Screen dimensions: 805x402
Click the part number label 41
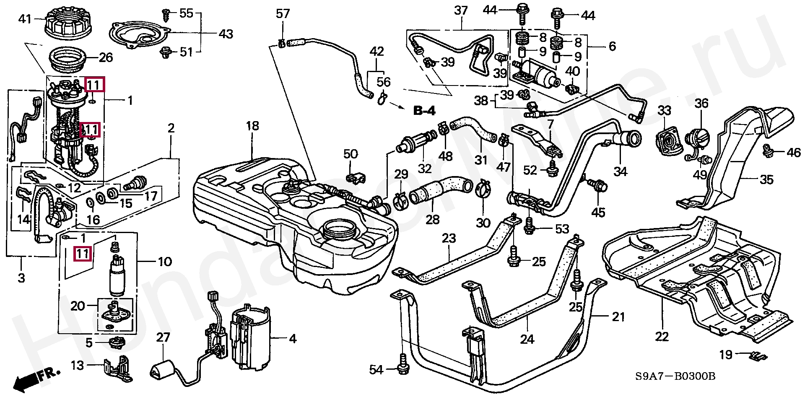25,19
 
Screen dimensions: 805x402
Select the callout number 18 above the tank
252,126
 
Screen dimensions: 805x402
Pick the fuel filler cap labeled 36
698,137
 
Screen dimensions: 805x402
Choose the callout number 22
662,336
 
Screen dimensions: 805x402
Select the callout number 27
164,337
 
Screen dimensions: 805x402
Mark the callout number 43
226,34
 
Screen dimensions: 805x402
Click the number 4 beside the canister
293,338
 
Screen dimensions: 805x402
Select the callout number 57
283,14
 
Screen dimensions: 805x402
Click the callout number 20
78,306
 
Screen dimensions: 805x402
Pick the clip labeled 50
356,178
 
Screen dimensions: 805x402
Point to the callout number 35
766,179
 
